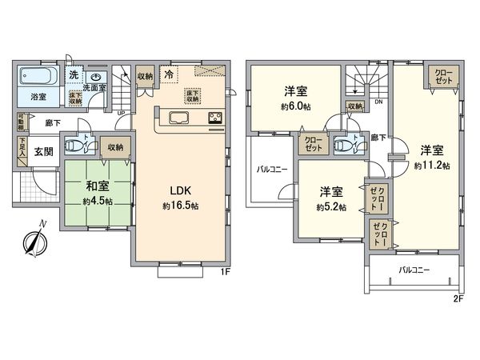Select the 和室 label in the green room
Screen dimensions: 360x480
(x=97, y=190)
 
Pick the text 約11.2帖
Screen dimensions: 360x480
(x=432, y=165)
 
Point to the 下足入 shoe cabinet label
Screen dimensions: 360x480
(x=21, y=149)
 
